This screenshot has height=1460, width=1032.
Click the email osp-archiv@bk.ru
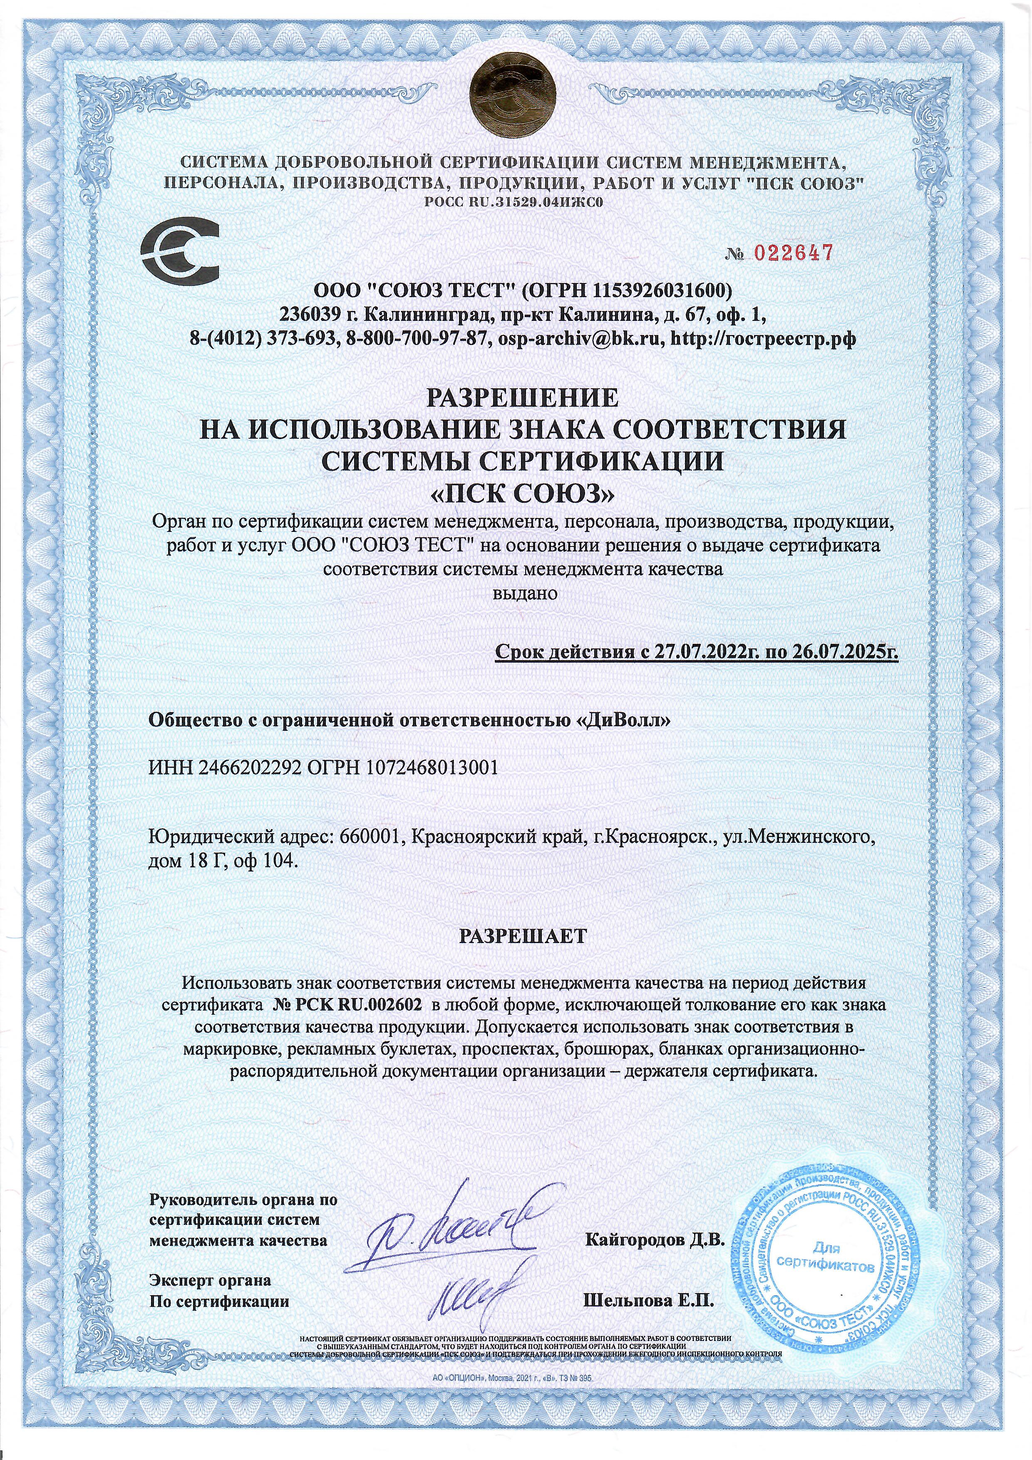click(597, 338)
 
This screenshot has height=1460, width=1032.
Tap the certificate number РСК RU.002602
click(350, 1005)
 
